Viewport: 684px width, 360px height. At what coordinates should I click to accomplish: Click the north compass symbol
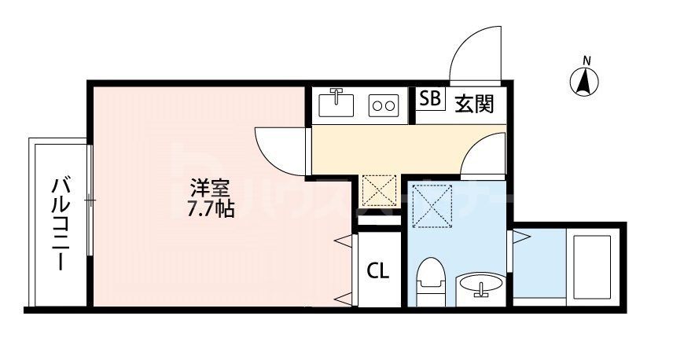585,80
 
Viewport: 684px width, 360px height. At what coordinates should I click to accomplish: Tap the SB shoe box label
429,99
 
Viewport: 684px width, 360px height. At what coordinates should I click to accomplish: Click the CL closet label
377,271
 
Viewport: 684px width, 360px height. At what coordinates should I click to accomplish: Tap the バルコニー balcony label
61,223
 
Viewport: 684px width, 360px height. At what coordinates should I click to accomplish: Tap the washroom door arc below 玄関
481,154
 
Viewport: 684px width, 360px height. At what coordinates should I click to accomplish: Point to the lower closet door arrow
344,299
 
